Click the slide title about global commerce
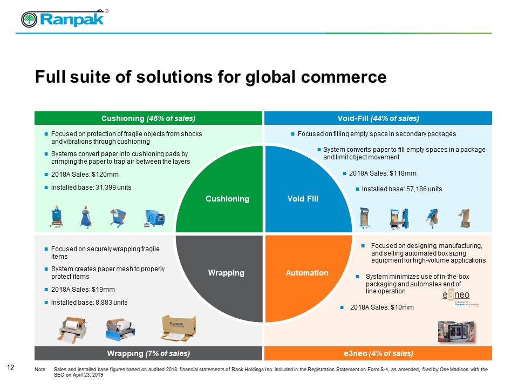coord(210,77)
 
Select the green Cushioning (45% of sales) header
coord(148,118)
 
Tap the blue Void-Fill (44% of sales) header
coord(378,118)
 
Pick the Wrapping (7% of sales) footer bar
coord(148,353)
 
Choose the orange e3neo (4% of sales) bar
coord(378,353)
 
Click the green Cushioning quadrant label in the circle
coord(227,199)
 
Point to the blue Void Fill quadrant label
coord(303,199)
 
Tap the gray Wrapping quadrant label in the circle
coord(226,273)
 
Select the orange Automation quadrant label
coord(307,273)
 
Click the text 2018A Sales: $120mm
coord(85,175)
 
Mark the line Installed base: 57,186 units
coord(401,189)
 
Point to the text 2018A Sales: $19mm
coord(83,290)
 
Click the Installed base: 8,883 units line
coord(89,302)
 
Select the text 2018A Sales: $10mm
coord(381,307)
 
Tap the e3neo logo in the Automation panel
coord(456,298)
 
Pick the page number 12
coord(10,368)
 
